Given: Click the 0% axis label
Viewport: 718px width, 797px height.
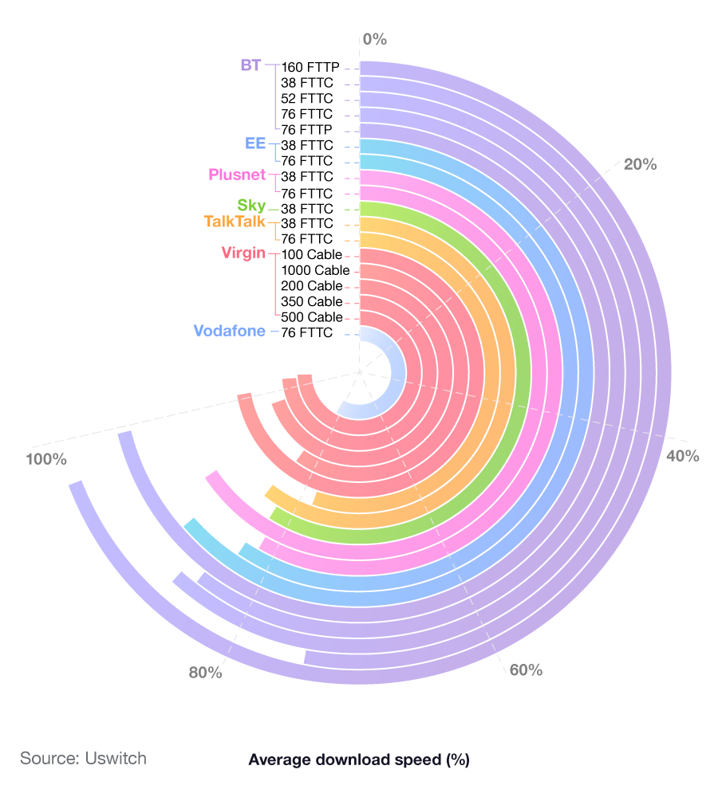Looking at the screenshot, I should coord(374,38).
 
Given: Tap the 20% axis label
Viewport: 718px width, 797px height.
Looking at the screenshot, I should coord(640,165).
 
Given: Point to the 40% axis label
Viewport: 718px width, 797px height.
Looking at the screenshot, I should coord(682,456).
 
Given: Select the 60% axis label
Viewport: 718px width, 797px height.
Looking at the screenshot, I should coord(526,669).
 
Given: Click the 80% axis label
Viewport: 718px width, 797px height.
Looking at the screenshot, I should coord(205,673).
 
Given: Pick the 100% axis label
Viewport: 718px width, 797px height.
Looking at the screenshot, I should coord(46,459).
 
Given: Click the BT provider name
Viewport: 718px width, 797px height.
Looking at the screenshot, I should coord(251,65).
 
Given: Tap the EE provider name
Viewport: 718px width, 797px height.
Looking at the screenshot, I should coord(255,144).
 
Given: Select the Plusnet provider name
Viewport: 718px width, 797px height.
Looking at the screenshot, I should coord(237,175).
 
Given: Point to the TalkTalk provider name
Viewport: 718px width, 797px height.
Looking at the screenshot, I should coord(235,222).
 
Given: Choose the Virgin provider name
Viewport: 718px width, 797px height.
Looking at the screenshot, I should coord(243,253).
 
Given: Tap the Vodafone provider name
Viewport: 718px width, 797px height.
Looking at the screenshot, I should coord(229,331).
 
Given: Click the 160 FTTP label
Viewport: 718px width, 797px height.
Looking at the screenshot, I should coord(311,67).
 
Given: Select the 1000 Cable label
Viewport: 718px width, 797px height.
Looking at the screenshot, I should coord(315,270).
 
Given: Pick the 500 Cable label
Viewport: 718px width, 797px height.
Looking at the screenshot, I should coord(311,317).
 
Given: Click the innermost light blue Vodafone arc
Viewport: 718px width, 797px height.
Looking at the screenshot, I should coord(391,351).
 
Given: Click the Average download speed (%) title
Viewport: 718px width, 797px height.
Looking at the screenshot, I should coord(359,760).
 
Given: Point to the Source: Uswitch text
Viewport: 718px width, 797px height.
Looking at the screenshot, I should coord(83,758).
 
